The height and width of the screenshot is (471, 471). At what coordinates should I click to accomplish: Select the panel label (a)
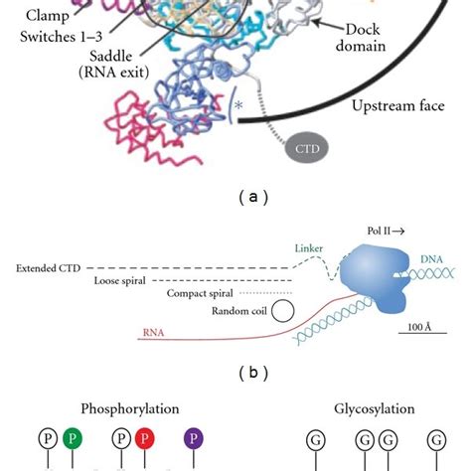(235, 197)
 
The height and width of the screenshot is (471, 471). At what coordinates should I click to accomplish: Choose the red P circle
(145, 437)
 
